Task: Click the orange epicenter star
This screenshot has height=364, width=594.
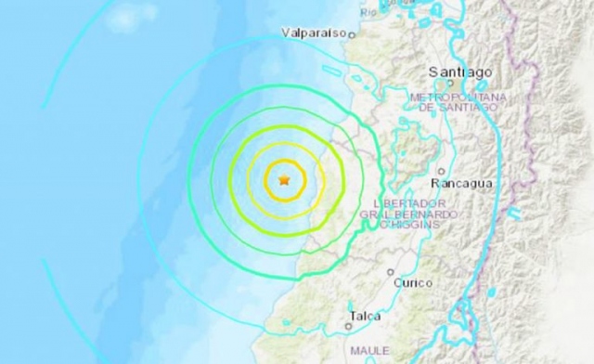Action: coord(284,179)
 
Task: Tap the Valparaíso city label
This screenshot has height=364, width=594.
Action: coord(314,32)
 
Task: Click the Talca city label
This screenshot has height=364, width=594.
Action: coord(363,316)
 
